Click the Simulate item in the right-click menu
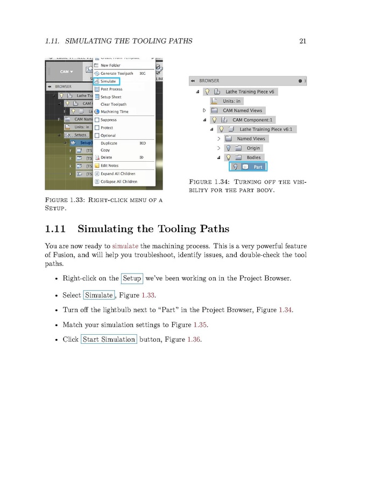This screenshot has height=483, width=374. click(108, 81)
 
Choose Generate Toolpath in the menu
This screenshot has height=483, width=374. click(116, 73)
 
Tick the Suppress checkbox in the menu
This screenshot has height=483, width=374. click(97, 120)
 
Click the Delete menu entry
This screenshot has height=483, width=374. click(106, 157)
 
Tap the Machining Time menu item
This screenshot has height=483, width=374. click(114, 112)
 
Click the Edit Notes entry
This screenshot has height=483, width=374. click(109, 165)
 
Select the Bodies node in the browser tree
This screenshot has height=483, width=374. click(253, 157)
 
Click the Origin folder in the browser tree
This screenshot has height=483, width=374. click(253, 148)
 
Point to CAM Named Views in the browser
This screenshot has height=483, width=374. click(242, 110)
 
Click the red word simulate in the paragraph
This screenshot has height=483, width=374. click(125, 246)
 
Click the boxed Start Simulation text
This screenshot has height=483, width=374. click(109, 340)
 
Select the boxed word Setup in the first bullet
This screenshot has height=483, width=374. click(132, 278)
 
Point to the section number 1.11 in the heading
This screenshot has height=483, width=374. click(55, 229)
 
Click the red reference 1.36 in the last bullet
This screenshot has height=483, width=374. click(194, 340)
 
